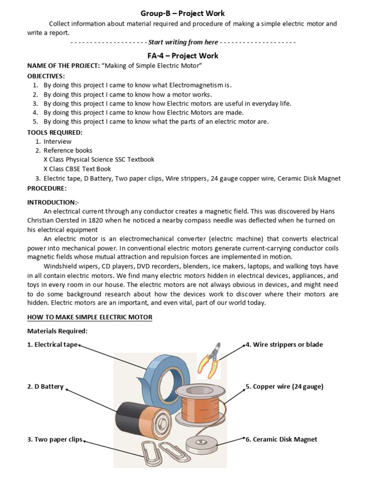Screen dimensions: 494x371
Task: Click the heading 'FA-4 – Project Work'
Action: click(183, 55)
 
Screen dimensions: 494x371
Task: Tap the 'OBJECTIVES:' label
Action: click(46, 76)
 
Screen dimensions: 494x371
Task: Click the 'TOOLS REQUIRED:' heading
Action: click(55, 132)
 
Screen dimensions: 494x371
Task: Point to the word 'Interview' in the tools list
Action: click(57, 141)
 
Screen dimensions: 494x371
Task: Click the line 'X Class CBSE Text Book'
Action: click(77, 169)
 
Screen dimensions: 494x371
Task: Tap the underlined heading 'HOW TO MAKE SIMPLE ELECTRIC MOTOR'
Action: click(90, 317)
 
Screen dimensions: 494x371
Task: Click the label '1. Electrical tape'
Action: click(52, 344)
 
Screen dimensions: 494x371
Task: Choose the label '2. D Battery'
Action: click(45, 386)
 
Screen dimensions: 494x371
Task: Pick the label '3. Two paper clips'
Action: click(55, 439)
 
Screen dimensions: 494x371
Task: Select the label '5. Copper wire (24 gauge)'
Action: click(285, 386)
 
